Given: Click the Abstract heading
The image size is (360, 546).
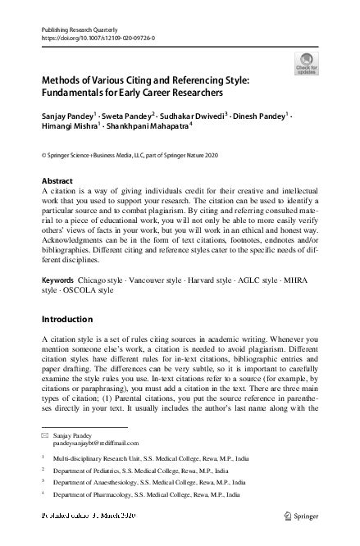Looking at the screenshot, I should coord(57,180).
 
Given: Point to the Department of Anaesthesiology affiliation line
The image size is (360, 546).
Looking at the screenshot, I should coord(131,483).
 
